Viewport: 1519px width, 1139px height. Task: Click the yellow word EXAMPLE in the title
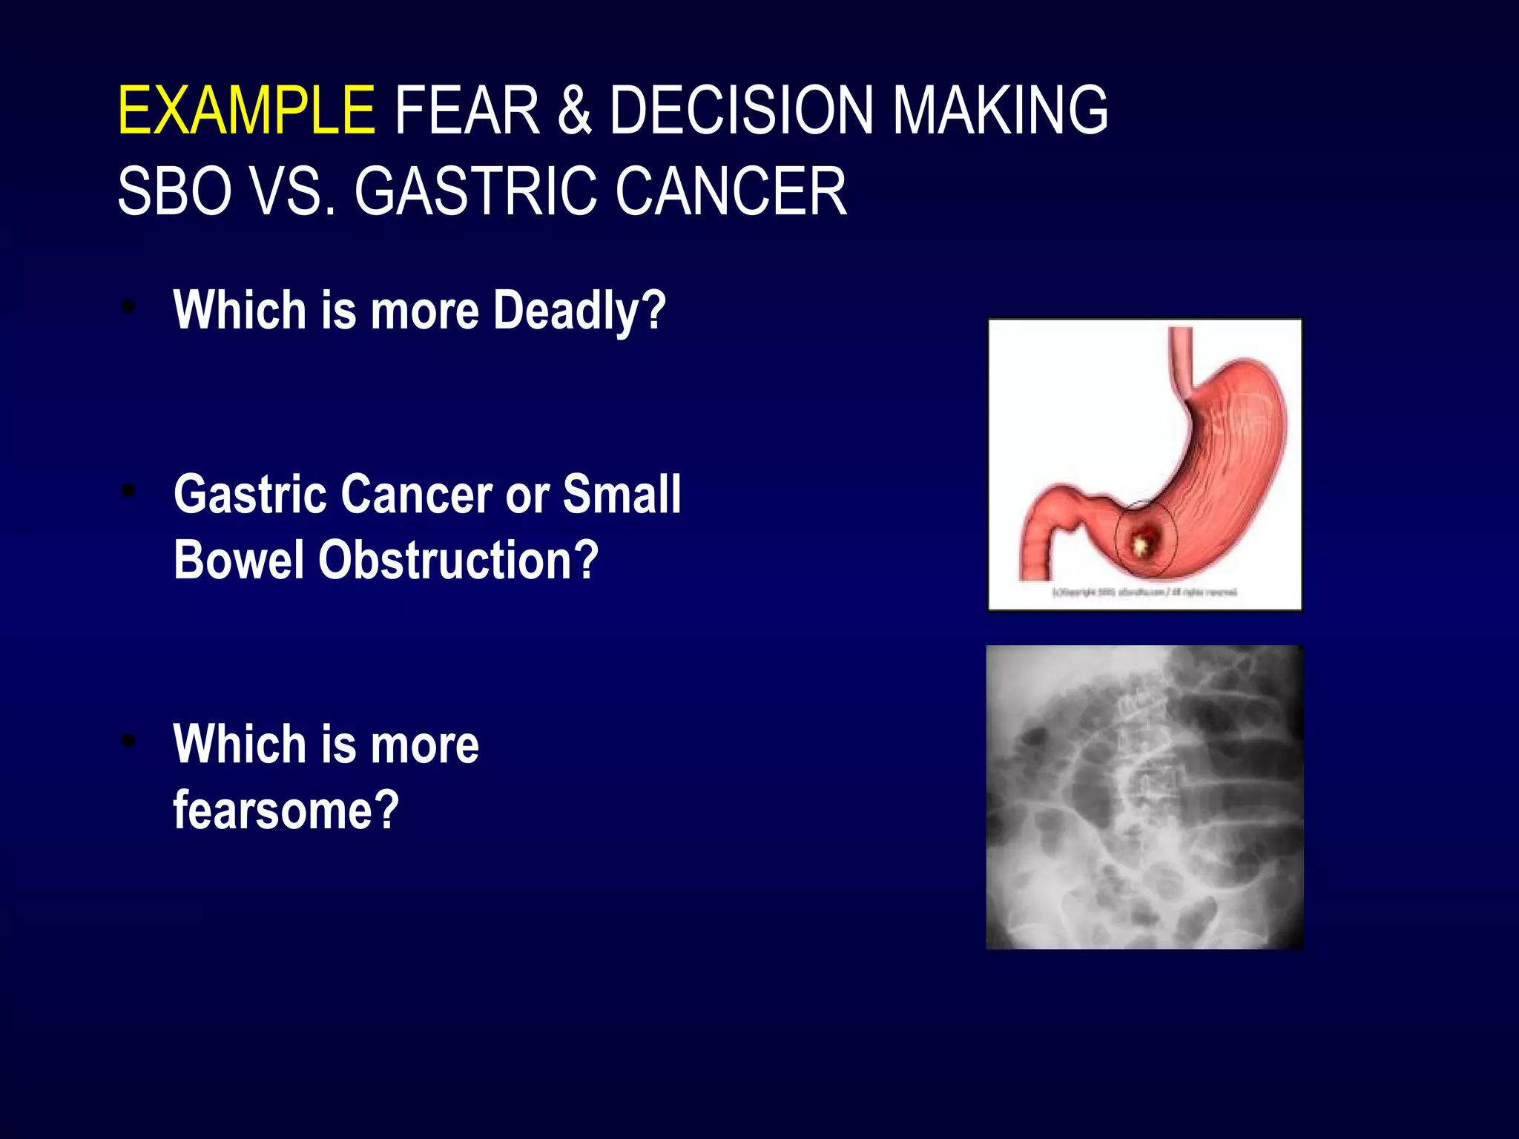(x=246, y=111)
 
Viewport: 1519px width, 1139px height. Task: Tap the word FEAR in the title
(x=467, y=111)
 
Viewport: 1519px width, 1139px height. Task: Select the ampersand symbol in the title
(x=575, y=111)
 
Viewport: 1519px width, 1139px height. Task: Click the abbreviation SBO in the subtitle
(x=174, y=192)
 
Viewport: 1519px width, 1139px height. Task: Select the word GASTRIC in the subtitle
(x=475, y=192)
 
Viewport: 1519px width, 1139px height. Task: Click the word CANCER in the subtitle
(x=731, y=192)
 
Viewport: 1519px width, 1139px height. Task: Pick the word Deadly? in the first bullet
(x=579, y=311)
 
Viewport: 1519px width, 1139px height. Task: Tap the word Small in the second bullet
(x=622, y=495)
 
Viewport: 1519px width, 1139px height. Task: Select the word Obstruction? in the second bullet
(x=458, y=560)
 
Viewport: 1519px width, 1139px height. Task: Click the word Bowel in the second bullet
(x=239, y=560)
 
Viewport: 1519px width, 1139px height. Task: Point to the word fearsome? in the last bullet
(x=286, y=810)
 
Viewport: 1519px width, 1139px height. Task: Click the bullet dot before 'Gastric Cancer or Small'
(x=129, y=490)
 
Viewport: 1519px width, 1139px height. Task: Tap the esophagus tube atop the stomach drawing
(x=1182, y=363)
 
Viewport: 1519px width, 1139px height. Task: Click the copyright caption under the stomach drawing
(x=1144, y=592)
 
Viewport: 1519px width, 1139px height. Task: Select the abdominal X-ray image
(x=1144, y=797)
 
